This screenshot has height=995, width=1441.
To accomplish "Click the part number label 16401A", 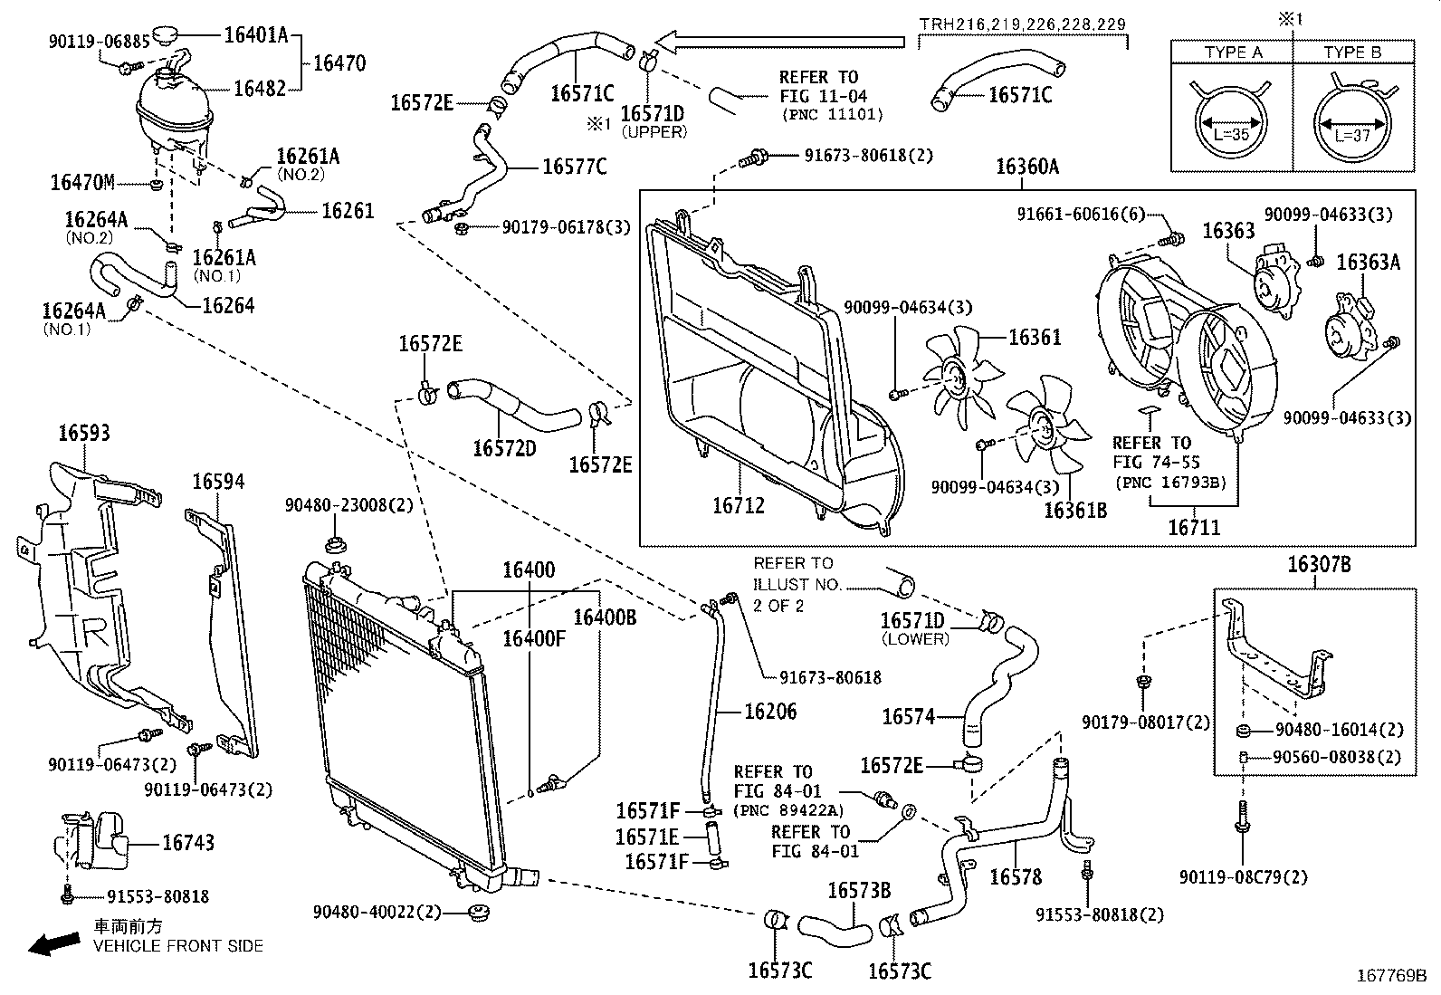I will [x=255, y=35].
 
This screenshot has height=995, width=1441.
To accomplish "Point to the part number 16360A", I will [x=1026, y=167].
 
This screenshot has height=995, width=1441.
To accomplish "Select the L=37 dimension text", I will [x=1353, y=136].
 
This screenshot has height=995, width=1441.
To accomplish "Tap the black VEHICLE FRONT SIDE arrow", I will [x=52, y=943].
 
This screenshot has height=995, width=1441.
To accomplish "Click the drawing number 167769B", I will [x=1390, y=977].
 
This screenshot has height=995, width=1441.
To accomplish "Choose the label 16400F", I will [x=533, y=639].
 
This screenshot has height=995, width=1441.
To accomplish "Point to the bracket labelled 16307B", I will [x=1276, y=652].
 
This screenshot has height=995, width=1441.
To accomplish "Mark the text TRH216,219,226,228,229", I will [x=1023, y=24].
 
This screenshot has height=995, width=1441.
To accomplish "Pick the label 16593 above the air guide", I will [x=84, y=433].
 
